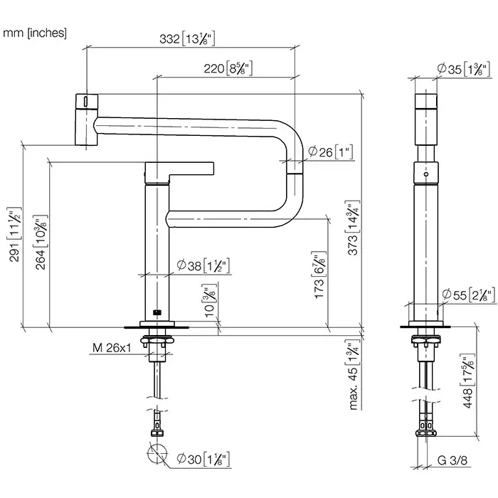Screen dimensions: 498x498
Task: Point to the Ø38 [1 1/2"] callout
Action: pos(202,267)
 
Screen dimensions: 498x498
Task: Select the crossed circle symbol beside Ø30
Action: pos(158,453)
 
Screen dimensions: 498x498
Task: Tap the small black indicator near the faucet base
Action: pos(157,311)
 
